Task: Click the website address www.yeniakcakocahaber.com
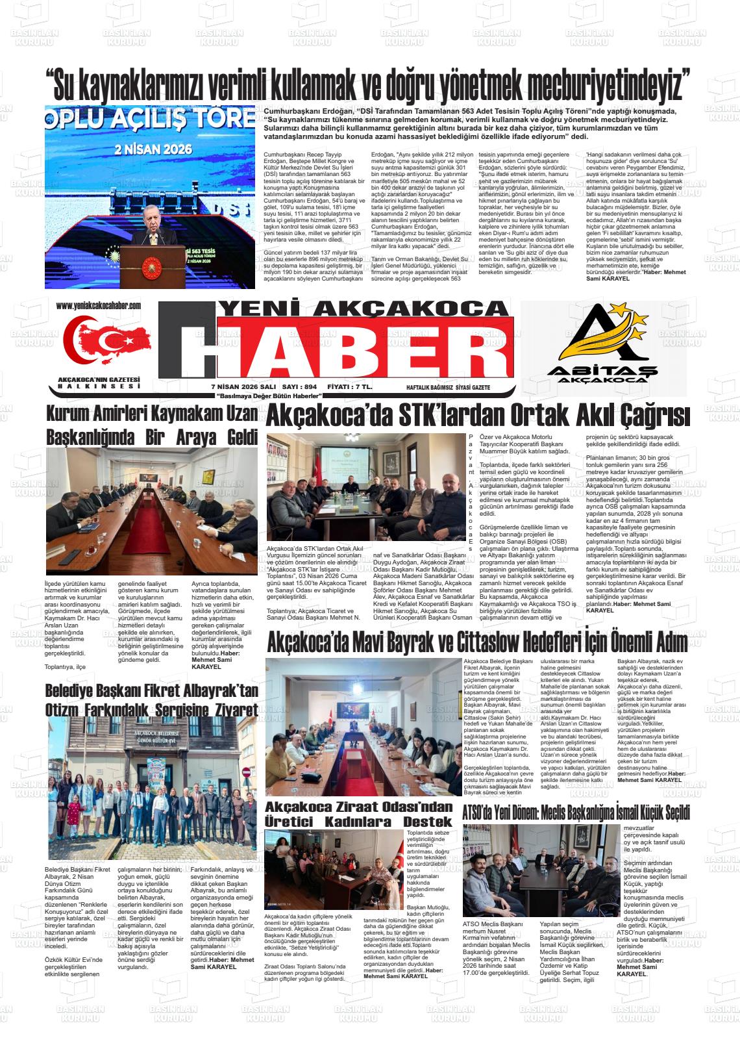click(x=99, y=305)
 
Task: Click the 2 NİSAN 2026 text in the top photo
click(x=151, y=148)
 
